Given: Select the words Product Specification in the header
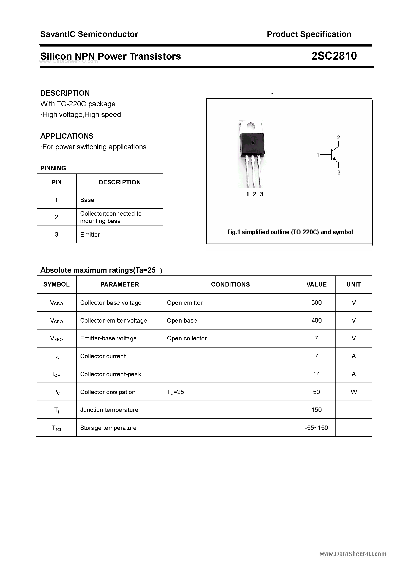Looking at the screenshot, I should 309,34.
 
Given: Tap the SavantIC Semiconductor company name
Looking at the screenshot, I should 89,34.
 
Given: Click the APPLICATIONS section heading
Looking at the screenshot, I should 67,136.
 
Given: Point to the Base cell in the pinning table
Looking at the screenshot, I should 87,200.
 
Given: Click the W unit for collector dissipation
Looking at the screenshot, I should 354,392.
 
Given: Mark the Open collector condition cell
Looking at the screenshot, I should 187,338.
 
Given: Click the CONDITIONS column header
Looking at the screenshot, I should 230,285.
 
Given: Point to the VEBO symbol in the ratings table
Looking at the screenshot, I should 56,339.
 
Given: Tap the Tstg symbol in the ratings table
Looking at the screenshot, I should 56,428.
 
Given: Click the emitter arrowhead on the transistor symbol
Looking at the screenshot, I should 335,159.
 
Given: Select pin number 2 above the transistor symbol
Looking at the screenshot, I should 338,137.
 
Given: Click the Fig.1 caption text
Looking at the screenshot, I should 290,232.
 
